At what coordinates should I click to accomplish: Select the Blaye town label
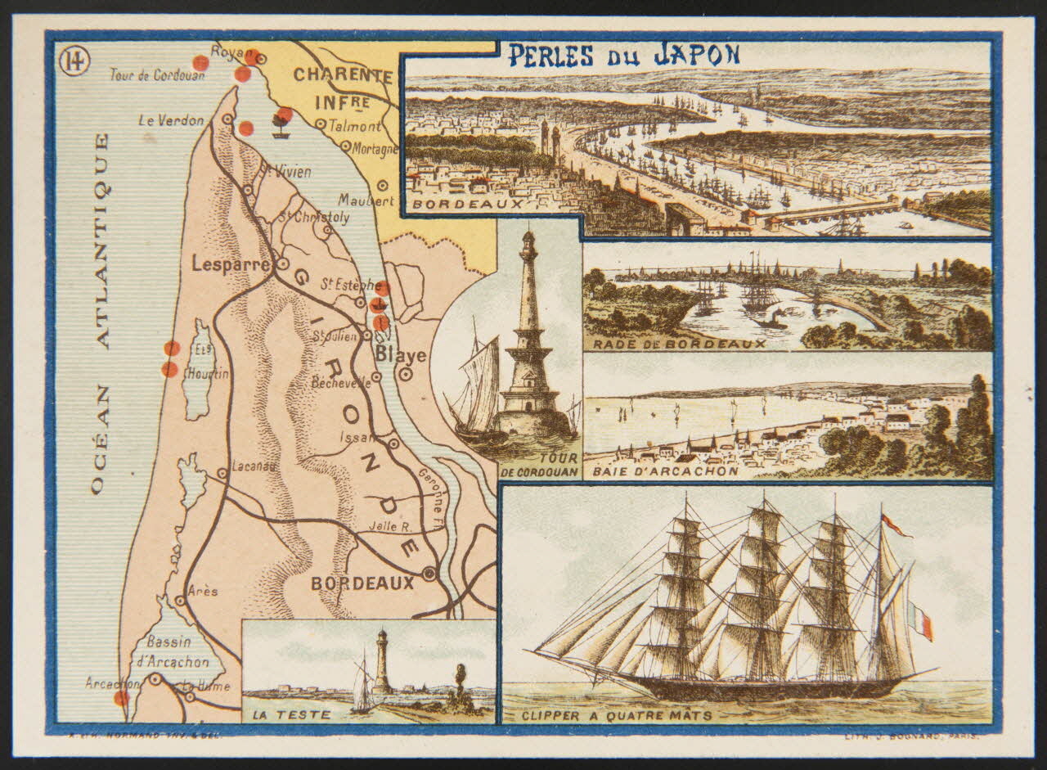pyautogui.click(x=401, y=355)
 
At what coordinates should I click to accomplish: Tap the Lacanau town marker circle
pyautogui.click(x=222, y=472)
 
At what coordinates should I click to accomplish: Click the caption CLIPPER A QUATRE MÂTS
pyautogui.click(x=617, y=717)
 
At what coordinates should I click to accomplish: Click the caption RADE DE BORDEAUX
pyautogui.click(x=680, y=344)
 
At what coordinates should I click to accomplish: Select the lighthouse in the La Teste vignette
pyautogui.click(x=382, y=663)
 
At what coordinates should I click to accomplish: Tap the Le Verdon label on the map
pyautogui.click(x=171, y=120)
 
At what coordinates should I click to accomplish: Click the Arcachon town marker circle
pyautogui.click(x=155, y=679)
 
